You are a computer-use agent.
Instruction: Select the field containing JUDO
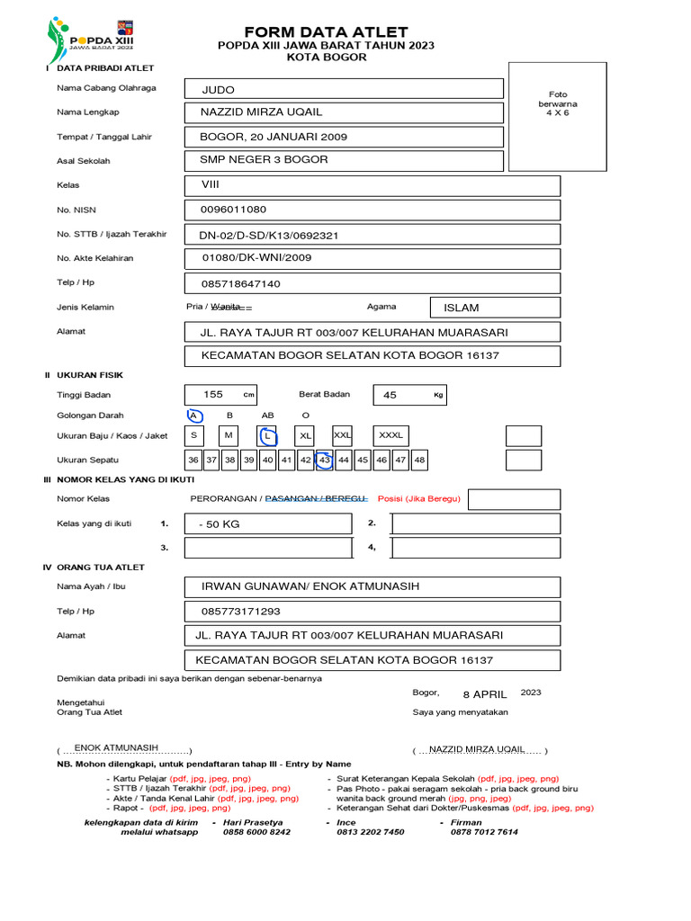(x=344, y=89)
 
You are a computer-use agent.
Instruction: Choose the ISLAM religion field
(x=496, y=308)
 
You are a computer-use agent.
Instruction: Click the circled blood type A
(x=193, y=416)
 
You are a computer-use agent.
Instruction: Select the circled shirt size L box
(x=267, y=436)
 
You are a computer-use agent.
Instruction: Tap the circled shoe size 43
(x=325, y=460)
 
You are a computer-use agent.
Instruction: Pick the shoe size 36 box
(x=193, y=460)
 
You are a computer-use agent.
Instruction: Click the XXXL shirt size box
(x=390, y=436)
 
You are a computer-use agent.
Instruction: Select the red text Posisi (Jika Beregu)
(x=418, y=498)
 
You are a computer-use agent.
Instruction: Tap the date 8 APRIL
(x=485, y=694)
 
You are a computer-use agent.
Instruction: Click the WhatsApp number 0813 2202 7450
(x=370, y=832)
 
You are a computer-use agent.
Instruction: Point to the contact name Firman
(x=467, y=822)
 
